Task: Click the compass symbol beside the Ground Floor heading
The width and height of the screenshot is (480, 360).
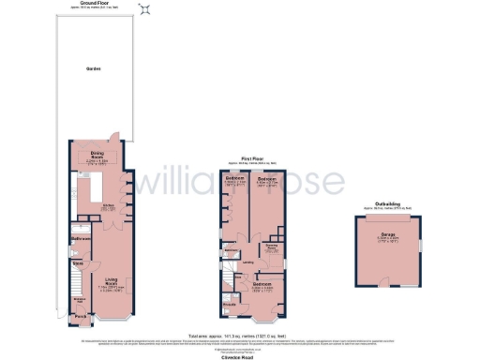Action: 143,10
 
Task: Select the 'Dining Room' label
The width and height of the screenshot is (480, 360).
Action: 95,155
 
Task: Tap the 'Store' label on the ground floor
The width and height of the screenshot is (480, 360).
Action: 80,263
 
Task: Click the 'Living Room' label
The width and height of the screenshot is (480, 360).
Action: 112,280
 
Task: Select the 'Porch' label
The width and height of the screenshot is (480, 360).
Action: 80,316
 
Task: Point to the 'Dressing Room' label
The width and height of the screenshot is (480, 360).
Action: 271,247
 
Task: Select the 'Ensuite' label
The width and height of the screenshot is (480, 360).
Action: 230,303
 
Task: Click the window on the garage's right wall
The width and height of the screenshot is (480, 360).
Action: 419,246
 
